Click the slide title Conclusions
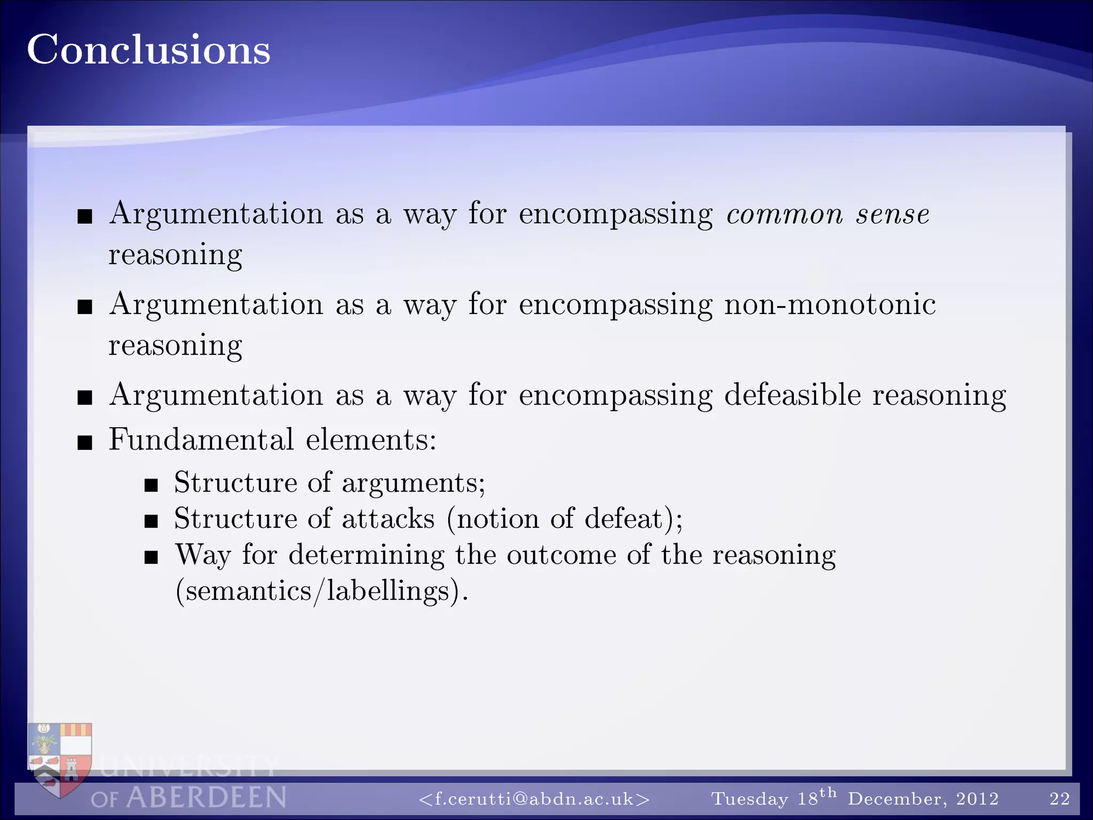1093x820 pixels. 148,50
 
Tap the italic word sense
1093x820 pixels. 893,215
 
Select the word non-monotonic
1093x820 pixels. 829,305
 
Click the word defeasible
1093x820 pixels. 792,396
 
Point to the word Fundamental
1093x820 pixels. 201,440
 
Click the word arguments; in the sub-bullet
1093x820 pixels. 414,483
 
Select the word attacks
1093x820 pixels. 388,519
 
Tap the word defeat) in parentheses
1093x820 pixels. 633,519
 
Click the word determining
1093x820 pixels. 366,555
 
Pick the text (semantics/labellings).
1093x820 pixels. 322,592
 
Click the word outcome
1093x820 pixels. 561,555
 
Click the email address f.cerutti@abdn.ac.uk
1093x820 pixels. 534,799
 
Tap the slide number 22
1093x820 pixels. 1059,799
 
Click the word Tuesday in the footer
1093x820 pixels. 749,799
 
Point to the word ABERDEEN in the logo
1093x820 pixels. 206,798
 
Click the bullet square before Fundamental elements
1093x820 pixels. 85,443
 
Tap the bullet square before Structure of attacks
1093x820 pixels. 151,521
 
